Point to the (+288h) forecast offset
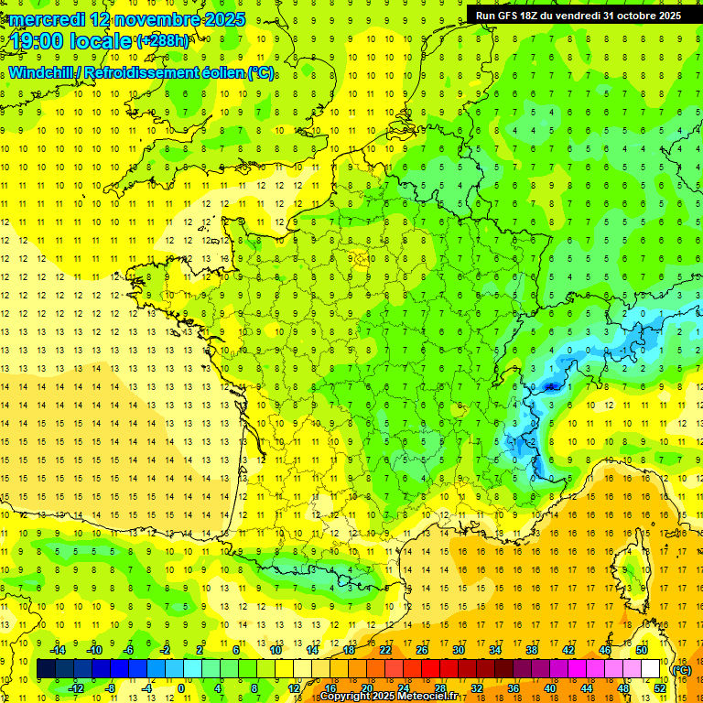click(163, 41)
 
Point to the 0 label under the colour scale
click(179, 688)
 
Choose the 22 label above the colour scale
click(385, 650)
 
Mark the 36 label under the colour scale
click(513, 688)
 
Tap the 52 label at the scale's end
click(659, 688)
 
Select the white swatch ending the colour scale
click(650, 669)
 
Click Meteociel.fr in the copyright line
click(427, 697)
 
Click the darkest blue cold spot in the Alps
click(550, 386)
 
